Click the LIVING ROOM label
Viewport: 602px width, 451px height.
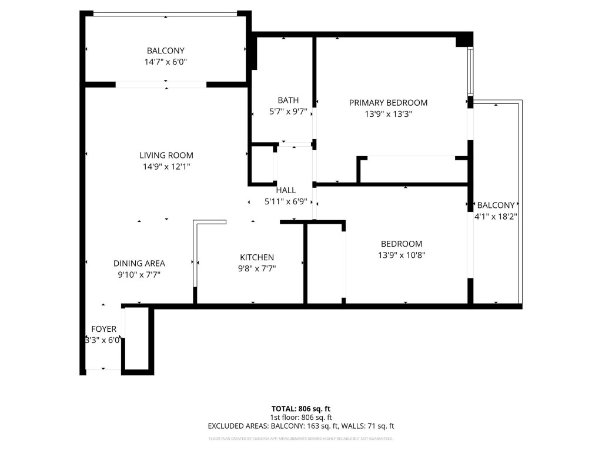(166, 156)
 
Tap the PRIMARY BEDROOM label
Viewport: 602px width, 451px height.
(388, 103)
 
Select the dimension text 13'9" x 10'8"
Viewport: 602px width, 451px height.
(402, 255)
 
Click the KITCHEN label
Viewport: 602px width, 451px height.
(257, 257)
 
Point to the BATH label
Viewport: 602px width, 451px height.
(288, 100)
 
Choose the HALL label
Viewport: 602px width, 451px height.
(286, 190)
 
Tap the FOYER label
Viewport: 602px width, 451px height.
(103, 329)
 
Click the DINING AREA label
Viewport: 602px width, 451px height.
(139, 264)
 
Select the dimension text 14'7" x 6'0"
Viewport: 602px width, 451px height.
(166, 62)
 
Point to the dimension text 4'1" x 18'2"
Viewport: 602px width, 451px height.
(496, 216)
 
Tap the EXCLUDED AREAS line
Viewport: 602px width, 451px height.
(301, 426)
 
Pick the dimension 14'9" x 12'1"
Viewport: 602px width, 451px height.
(166, 167)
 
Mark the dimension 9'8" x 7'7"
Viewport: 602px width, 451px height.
(257, 268)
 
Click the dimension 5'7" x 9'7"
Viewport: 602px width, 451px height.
(288, 112)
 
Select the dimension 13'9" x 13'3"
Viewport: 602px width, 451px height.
(388, 115)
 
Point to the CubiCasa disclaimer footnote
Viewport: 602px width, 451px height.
(301, 439)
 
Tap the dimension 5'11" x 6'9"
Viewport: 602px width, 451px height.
(286, 201)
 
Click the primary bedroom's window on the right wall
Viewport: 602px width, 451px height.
(470, 72)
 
